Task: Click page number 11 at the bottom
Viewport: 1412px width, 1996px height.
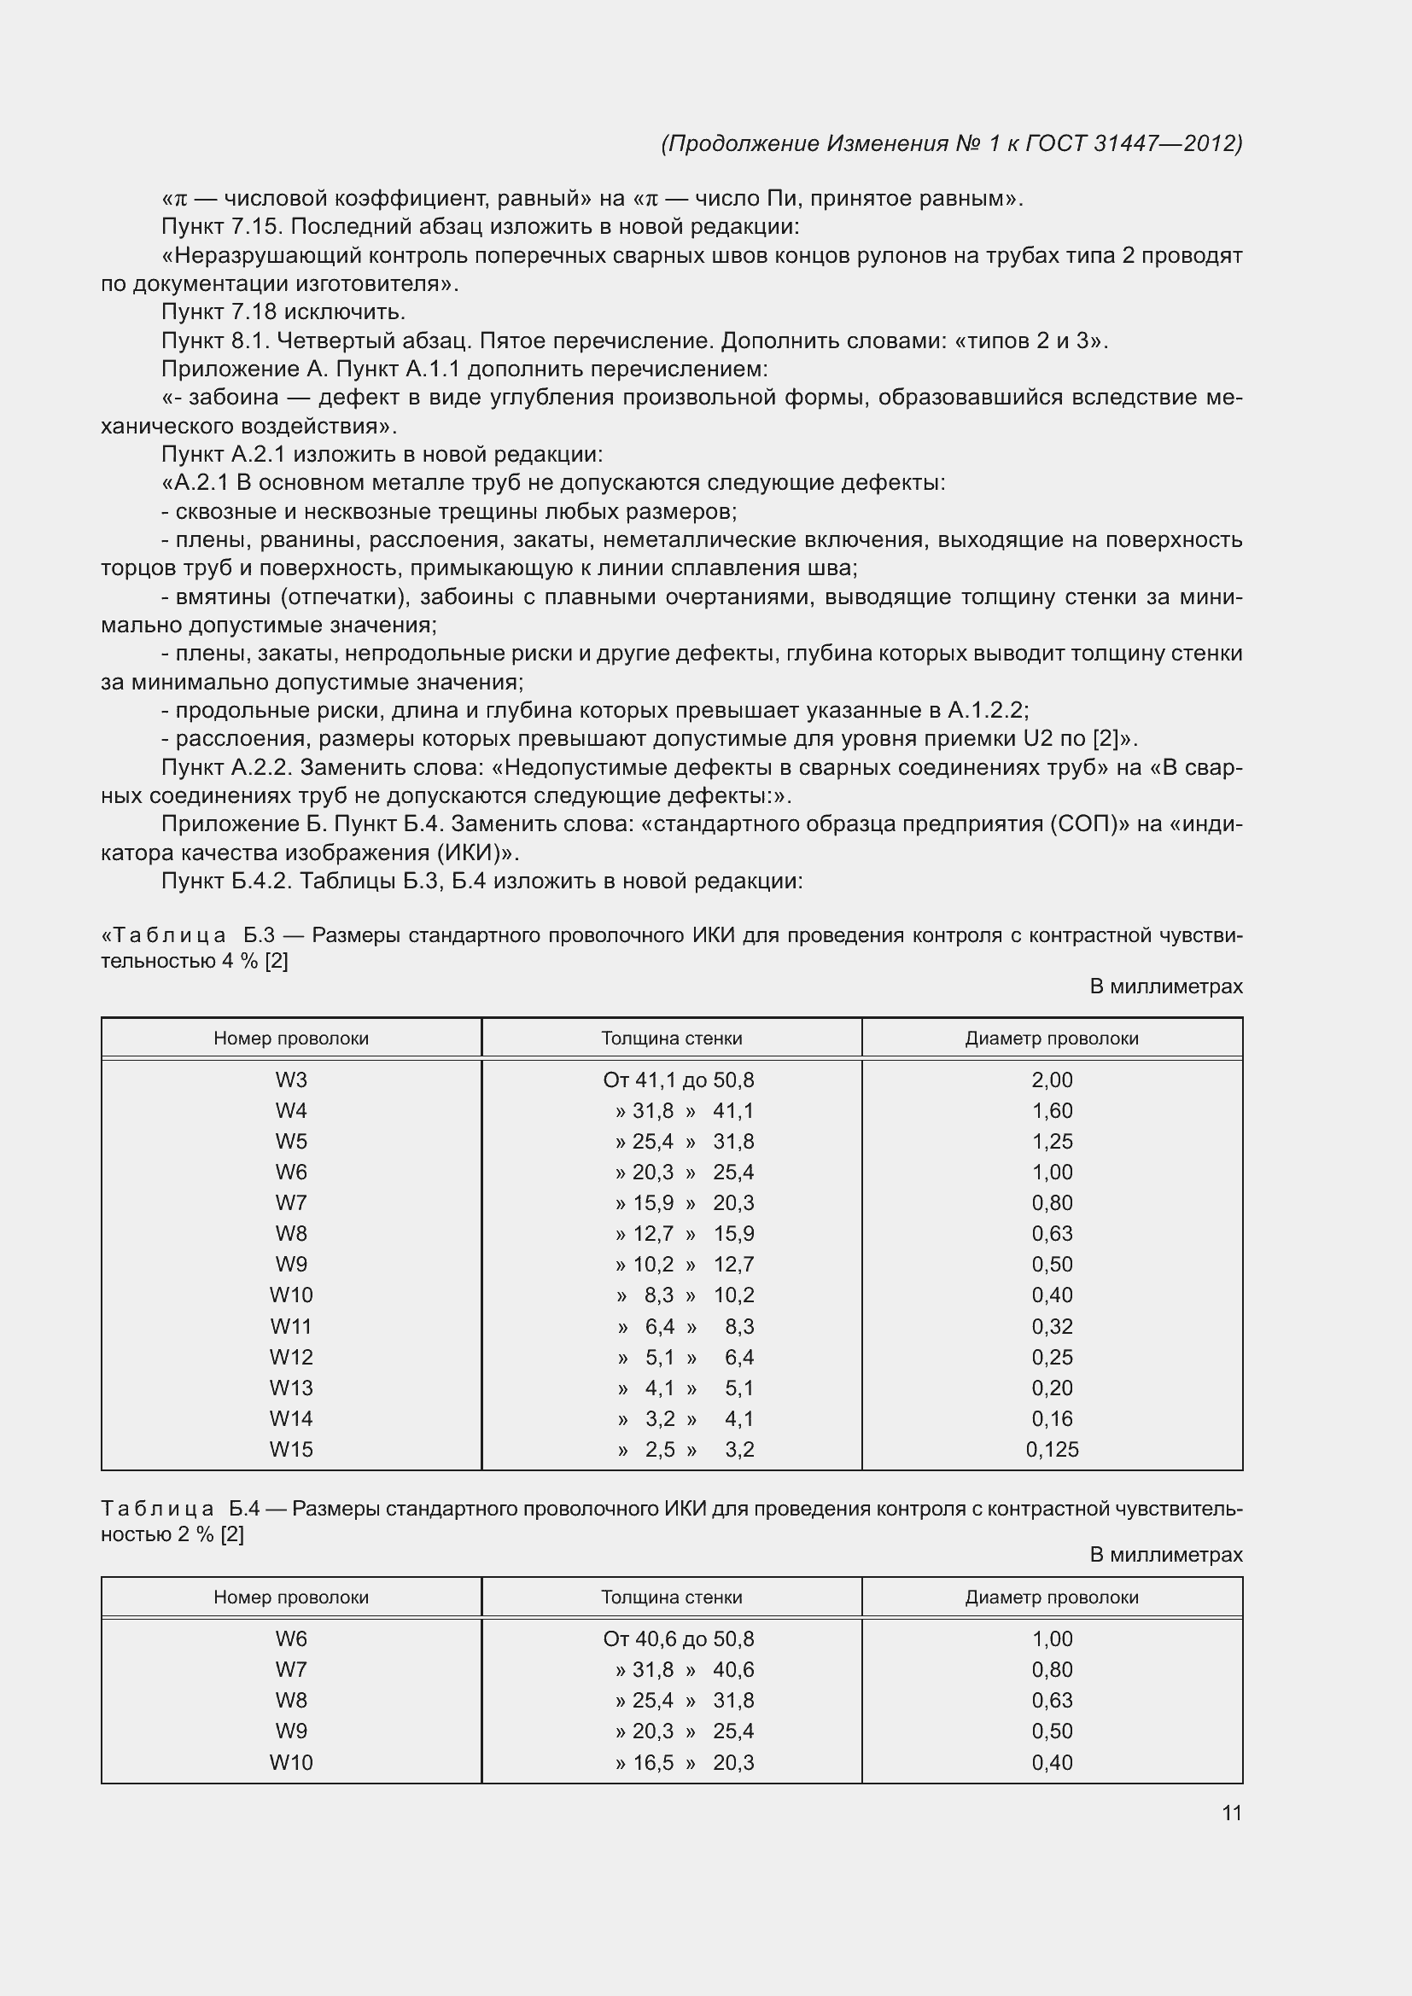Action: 1231,1813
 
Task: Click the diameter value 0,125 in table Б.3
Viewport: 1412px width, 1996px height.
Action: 1051,1449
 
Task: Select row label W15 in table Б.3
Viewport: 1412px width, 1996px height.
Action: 291,1449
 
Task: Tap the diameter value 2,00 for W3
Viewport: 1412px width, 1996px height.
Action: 1051,1079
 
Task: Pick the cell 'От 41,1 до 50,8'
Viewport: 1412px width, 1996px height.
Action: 678,1079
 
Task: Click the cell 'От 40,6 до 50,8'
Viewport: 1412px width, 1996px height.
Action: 678,1638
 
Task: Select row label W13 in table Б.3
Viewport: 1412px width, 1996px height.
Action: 291,1388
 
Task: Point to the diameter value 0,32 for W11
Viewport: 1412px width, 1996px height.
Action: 1051,1327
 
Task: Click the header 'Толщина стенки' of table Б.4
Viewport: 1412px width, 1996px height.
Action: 671,1597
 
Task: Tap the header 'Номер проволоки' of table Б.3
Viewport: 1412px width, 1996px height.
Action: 291,1038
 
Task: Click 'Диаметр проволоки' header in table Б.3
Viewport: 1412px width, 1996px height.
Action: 1051,1038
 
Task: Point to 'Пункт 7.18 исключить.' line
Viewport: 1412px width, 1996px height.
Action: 283,311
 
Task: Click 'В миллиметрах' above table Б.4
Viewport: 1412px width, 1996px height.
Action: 1166,1554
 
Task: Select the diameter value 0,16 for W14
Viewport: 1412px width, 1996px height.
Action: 1051,1419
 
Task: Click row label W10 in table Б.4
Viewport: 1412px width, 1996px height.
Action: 291,1762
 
